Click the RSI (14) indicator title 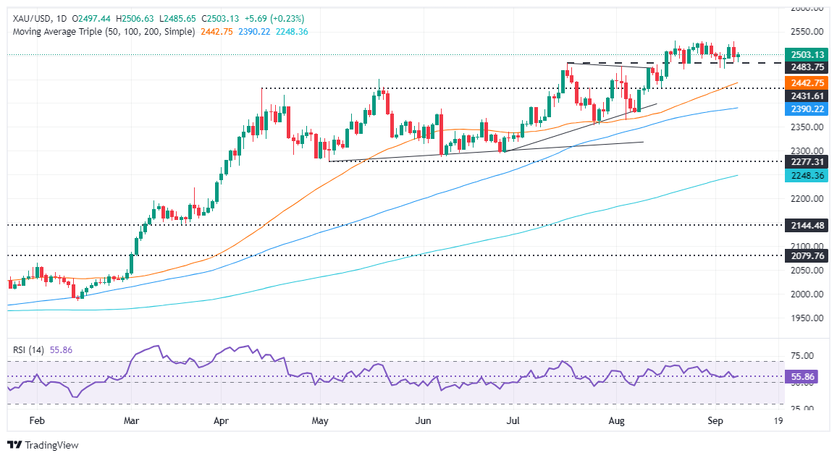click(28, 349)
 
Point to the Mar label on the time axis click(131, 420)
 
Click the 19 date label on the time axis click(778, 420)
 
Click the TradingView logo click(43, 445)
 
